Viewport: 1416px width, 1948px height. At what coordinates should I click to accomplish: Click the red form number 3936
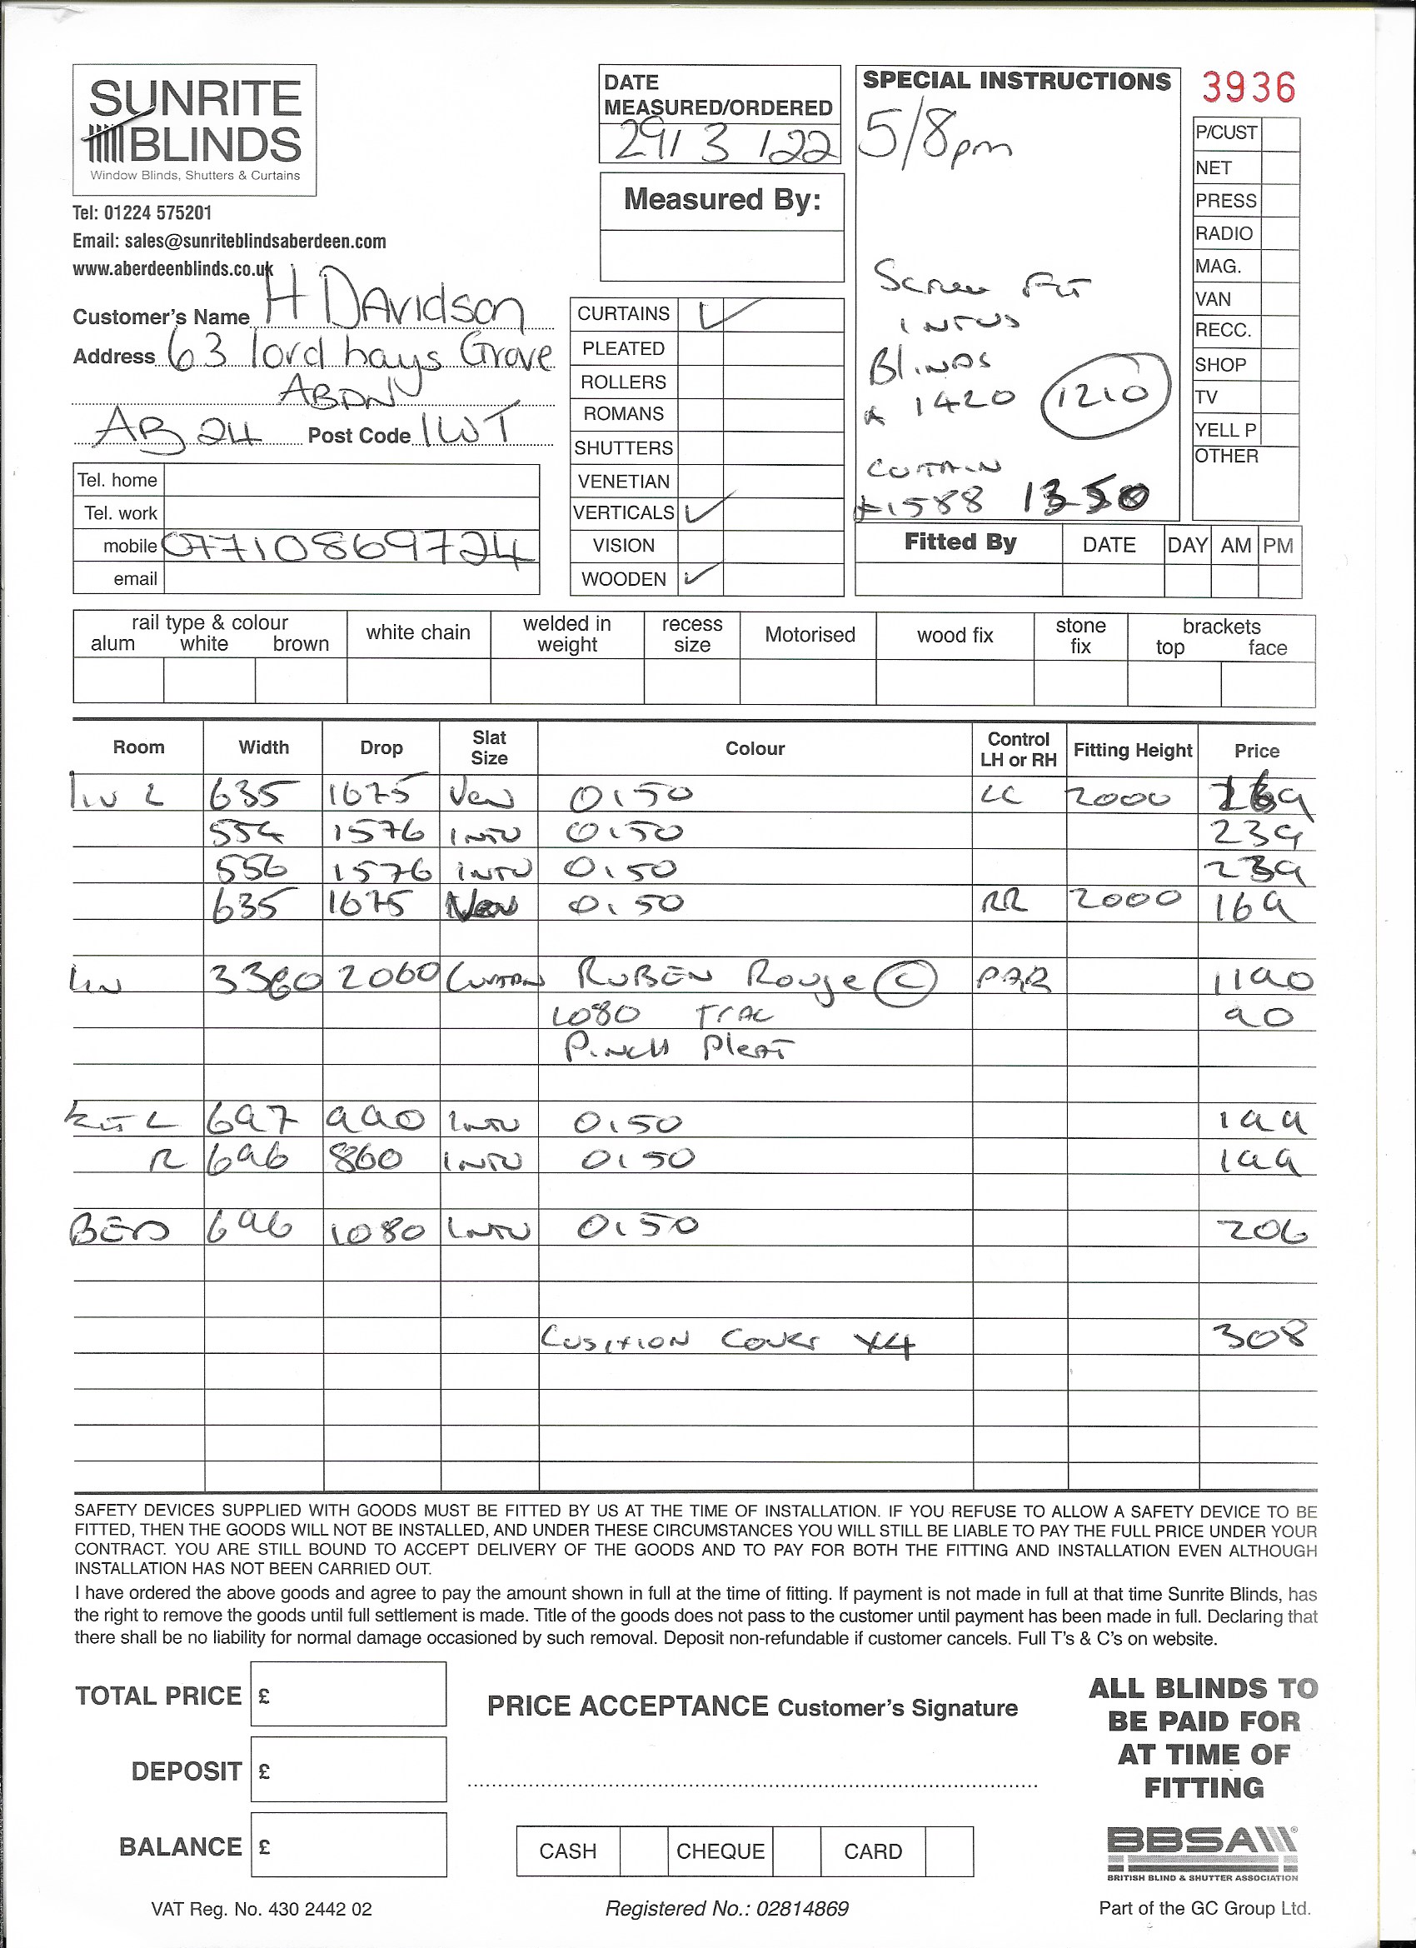point(1248,87)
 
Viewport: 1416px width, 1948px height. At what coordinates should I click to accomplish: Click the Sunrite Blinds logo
point(194,130)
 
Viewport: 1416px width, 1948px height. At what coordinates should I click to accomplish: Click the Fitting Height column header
point(1132,750)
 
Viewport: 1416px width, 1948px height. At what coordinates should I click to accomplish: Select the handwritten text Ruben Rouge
point(717,977)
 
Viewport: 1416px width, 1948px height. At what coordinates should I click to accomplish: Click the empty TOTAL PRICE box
point(348,1695)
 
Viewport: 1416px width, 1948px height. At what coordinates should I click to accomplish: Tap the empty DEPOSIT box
point(348,1770)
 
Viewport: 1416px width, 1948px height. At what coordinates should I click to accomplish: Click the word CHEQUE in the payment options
point(720,1851)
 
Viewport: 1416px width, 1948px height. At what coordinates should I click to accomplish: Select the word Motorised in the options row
point(809,635)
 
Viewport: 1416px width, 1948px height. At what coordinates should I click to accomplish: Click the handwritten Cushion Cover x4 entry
point(725,1341)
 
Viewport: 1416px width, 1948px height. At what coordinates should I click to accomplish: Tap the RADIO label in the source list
point(1224,233)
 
